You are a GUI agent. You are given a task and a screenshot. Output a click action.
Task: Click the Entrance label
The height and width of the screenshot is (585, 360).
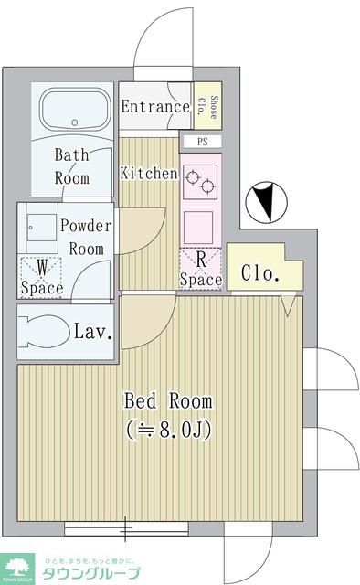[155, 106]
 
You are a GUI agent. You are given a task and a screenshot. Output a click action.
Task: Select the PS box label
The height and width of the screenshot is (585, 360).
[201, 142]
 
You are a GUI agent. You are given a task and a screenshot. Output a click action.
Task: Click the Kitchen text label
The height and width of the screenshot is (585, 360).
[148, 173]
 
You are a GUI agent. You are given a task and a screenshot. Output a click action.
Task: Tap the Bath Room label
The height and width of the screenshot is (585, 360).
[71, 165]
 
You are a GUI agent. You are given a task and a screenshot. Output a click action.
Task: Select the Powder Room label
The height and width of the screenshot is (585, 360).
[86, 237]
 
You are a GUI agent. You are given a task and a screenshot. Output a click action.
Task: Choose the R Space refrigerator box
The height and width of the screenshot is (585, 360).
[201, 269]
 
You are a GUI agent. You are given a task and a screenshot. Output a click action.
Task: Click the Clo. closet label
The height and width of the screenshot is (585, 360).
[259, 272]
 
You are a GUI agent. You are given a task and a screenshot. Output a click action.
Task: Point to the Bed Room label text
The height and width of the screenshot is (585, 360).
[168, 400]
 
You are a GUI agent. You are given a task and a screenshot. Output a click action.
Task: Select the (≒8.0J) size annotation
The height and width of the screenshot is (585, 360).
[168, 429]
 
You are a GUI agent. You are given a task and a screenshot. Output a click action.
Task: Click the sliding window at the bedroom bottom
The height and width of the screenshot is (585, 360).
[126, 527]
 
